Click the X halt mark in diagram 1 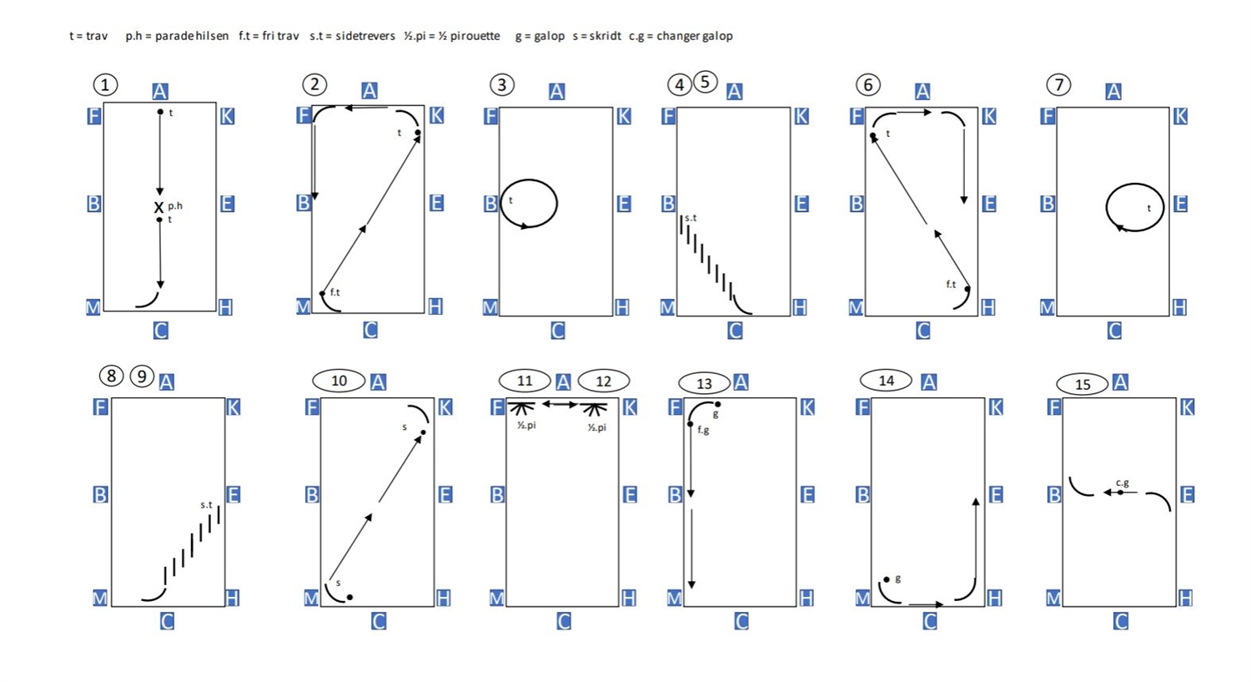click(x=158, y=207)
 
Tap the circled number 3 click(x=501, y=85)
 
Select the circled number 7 click(x=1058, y=85)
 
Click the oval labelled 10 click(x=339, y=381)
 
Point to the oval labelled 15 click(x=1083, y=385)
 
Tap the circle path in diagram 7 click(x=1107, y=207)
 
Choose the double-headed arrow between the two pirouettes click(x=560, y=404)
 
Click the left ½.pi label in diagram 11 click(x=526, y=426)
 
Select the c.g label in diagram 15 click(x=1123, y=483)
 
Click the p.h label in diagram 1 click(x=175, y=206)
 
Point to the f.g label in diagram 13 click(x=703, y=431)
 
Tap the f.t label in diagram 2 click(x=335, y=292)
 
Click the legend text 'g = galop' click(x=540, y=37)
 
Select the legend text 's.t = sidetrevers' click(x=353, y=36)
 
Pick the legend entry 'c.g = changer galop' click(x=681, y=37)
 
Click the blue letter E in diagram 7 click(x=1180, y=204)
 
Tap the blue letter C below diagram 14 click(x=929, y=621)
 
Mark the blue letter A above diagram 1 click(x=160, y=91)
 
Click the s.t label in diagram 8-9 click(x=207, y=505)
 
